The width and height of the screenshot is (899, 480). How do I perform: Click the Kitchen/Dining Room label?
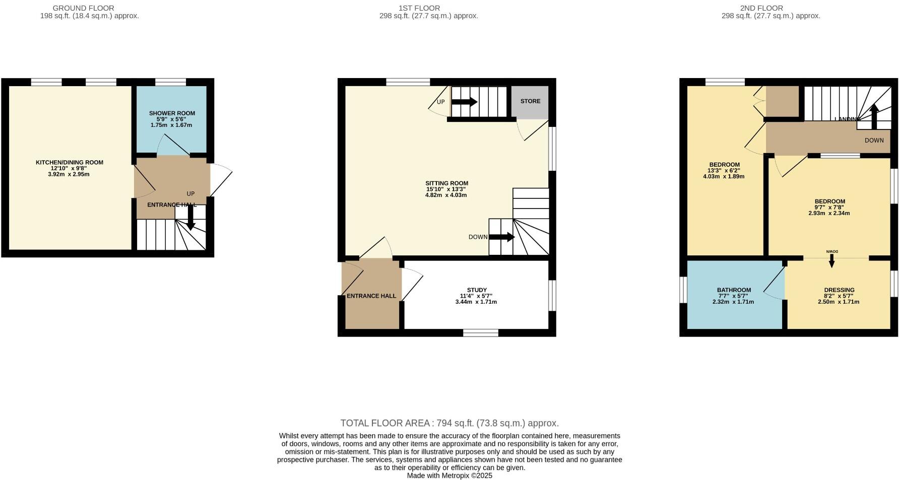point(70,163)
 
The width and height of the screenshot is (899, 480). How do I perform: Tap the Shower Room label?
point(172,113)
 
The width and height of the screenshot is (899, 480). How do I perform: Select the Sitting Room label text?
point(446,183)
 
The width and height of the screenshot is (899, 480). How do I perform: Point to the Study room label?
point(477,290)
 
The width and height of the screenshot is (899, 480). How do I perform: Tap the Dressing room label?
point(839,290)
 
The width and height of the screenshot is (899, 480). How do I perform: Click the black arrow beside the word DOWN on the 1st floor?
point(501,237)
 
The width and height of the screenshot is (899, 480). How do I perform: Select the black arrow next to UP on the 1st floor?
point(464,102)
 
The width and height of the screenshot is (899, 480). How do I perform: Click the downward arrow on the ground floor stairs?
point(190,218)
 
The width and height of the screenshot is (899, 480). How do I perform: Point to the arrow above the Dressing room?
point(831,261)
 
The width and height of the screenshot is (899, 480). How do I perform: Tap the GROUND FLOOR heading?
point(84,8)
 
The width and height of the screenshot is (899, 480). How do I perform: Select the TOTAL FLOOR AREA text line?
point(449,423)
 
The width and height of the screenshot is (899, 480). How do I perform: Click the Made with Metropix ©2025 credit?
point(449,475)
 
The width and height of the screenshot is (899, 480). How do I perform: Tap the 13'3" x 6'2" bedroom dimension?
point(724,171)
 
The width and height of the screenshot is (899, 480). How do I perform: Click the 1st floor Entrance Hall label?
point(371,296)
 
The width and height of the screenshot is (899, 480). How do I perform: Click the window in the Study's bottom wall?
point(481,332)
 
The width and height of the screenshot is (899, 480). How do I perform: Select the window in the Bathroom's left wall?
point(683,290)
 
